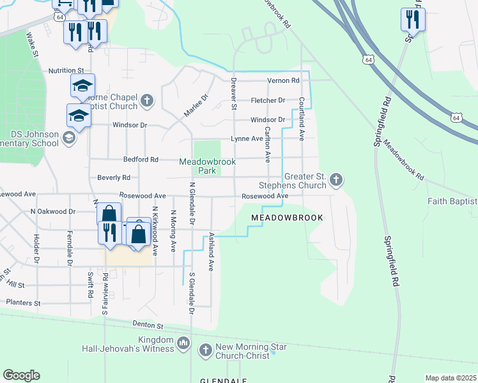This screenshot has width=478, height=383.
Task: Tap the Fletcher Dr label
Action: click(x=268, y=100)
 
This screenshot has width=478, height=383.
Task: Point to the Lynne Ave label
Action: click(x=247, y=139)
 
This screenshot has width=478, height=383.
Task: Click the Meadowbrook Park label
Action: click(x=207, y=167)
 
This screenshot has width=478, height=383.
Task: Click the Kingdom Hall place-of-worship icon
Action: click(x=183, y=344)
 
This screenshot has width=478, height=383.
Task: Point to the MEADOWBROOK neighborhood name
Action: click(x=287, y=218)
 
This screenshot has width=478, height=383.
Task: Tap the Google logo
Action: click(x=21, y=375)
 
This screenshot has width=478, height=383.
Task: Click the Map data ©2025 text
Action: click(x=450, y=378)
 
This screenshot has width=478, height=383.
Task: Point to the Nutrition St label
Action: click(x=66, y=70)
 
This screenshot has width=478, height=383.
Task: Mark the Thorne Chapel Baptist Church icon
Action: click(x=147, y=100)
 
